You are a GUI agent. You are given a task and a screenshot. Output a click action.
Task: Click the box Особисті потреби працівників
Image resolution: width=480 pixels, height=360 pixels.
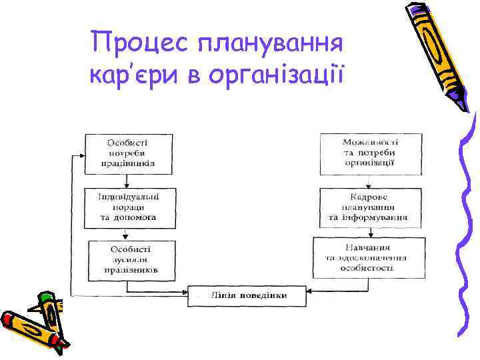click(127, 153)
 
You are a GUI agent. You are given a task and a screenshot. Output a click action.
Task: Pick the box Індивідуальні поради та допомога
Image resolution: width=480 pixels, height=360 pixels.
click(127, 207)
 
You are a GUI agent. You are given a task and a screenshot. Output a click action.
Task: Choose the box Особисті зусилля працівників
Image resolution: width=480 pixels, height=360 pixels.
click(131, 259)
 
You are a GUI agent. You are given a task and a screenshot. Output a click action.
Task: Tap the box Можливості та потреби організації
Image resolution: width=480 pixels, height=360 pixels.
click(371, 153)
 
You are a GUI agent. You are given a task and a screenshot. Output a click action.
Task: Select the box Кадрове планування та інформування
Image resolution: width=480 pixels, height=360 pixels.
click(371, 207)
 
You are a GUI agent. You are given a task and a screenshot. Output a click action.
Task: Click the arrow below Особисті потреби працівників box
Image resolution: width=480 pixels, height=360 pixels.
click(127, 181)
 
